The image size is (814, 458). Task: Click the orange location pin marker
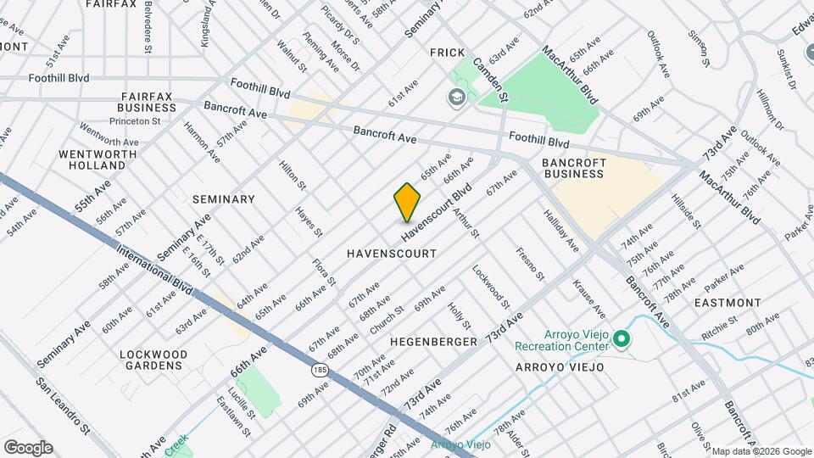(407, 202)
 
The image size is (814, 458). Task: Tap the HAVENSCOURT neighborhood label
(392, 254)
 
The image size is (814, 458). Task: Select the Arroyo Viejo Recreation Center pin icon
(622, 340)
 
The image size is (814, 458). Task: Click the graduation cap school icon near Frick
(457, 98)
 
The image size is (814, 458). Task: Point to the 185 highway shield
(320, 370)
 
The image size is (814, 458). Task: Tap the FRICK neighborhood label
(447, 53)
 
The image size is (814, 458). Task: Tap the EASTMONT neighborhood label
(727, 302)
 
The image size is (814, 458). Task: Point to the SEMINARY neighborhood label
(223, 199)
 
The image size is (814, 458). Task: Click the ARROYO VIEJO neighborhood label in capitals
(560, 367)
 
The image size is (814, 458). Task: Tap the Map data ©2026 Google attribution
(761, 450)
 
